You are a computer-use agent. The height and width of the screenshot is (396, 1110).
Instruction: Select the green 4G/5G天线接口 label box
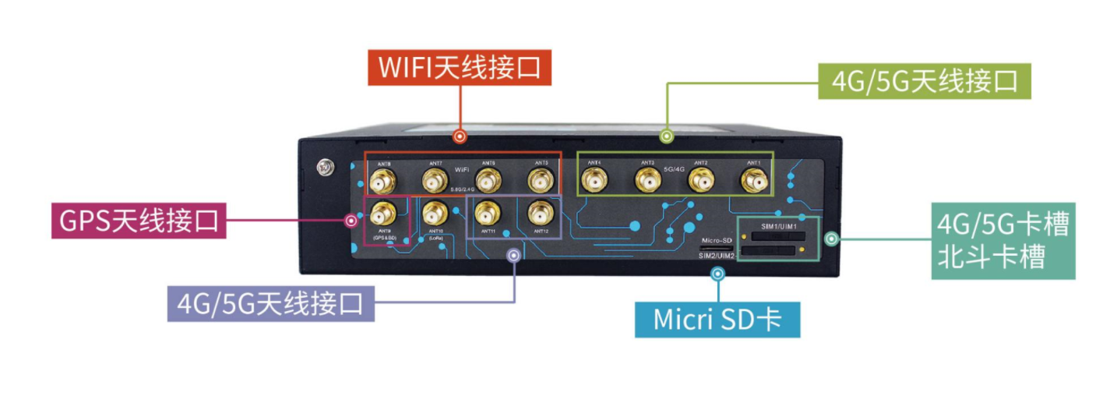(925, 80)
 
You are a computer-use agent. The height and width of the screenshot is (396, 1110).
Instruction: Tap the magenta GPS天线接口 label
(139, 221)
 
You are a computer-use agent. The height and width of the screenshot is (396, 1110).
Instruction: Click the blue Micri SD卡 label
(717, 320)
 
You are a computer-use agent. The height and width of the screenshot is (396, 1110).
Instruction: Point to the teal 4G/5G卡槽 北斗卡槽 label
(1003, 241)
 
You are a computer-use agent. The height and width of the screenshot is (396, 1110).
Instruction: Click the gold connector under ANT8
(382, 183)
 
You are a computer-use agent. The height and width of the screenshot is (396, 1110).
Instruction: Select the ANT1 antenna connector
(753, 182)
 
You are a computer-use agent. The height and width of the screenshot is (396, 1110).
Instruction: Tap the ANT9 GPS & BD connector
(382, 212)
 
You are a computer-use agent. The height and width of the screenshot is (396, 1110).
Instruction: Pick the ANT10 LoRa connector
(435, 212)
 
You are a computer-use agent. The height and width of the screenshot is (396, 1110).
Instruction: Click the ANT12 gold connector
(540, 212)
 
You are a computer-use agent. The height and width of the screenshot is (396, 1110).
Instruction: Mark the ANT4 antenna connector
(594, 182)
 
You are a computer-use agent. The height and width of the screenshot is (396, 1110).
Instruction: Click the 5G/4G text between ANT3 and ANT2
(673, 168)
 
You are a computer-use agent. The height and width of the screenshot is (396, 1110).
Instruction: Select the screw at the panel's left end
(322, 167)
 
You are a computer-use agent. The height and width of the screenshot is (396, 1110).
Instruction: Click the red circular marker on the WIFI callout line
(460, 136)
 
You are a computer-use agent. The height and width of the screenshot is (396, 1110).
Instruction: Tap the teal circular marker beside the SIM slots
(831, 239)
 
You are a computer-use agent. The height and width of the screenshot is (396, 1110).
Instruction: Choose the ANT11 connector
(488, 212)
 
